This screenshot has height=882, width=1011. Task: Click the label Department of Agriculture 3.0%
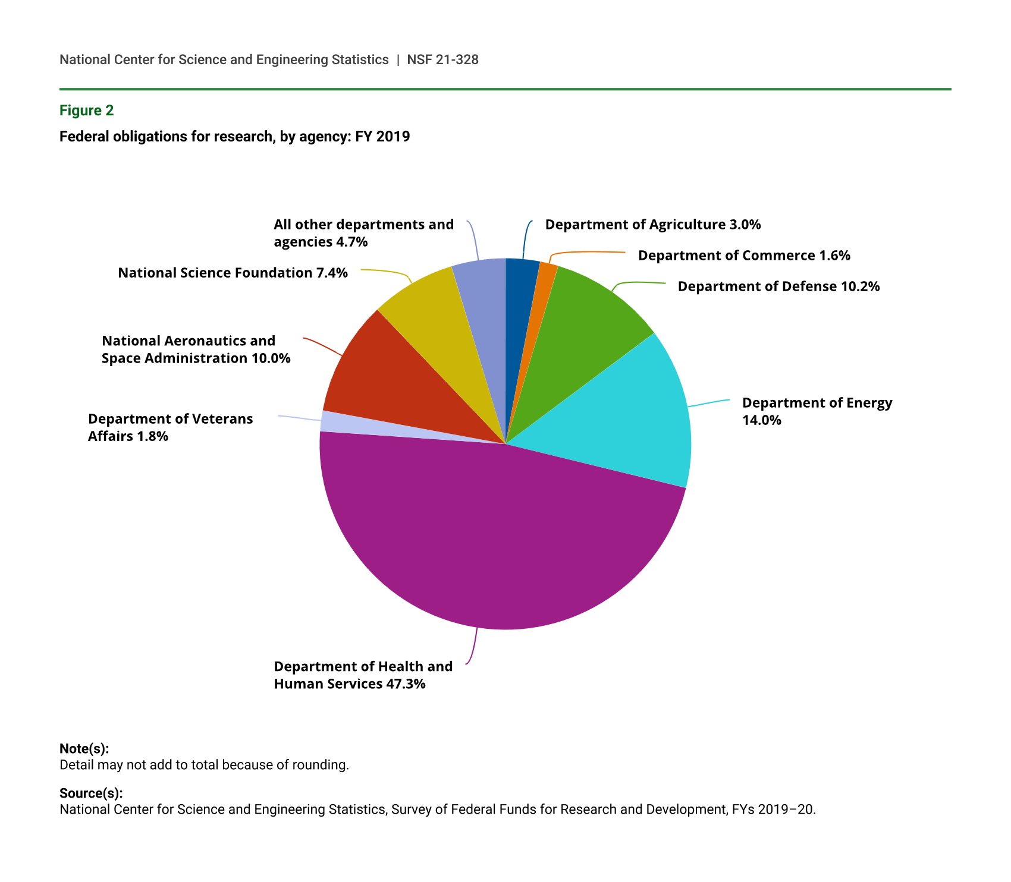pos(653,225)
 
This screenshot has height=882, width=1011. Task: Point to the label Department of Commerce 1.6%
pos(744,256)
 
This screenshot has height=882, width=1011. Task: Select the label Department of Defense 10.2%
pos(778,286)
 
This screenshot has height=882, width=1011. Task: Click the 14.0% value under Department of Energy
pos(761,420)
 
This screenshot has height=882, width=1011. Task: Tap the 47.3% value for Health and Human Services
pos(406,684)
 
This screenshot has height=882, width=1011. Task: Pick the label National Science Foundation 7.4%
pos(233,273)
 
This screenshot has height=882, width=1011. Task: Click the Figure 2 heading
pos(86,111)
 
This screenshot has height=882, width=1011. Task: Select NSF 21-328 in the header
pos(442,59)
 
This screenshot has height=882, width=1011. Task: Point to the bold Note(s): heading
pos(84,749)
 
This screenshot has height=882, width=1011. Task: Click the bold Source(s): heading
pos(91,793)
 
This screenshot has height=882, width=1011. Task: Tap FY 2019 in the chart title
pos(382,137)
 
